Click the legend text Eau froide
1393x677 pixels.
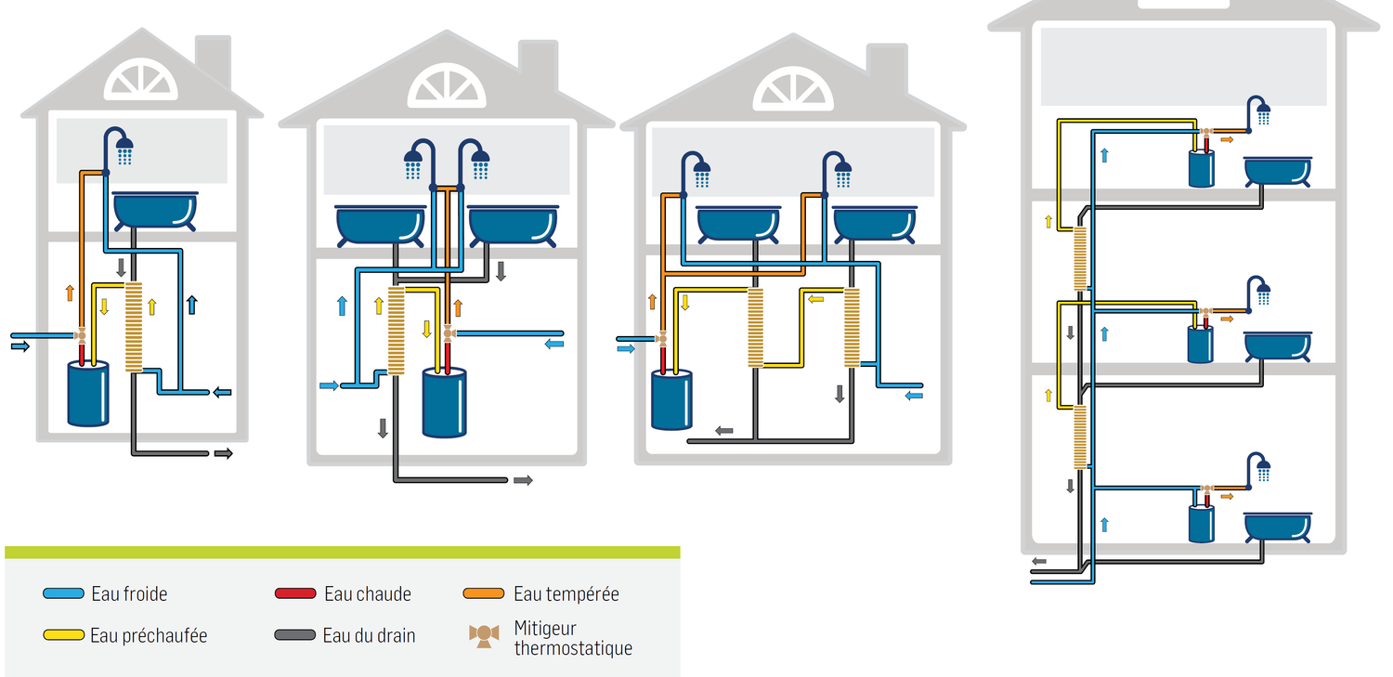point(129,594)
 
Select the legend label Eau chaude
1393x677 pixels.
point(367,594)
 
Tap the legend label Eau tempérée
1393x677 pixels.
point(566,594)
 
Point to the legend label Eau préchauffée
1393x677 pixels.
point(149,636)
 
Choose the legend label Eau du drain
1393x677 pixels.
point(369,636)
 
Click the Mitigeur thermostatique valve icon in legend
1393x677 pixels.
point(484,636)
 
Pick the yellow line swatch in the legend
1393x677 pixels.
point(63,636)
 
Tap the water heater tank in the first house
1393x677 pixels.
point(88,394)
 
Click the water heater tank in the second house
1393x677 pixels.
point(445,402)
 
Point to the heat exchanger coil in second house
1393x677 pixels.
point(397,331)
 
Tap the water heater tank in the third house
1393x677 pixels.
point(671,399)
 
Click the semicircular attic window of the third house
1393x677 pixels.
point(793,88)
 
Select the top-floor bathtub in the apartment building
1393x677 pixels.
point(1279,171)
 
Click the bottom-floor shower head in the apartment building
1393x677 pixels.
point(1263,469)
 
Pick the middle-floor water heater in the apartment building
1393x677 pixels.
point(1201,343)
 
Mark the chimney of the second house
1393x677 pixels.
point(538,61)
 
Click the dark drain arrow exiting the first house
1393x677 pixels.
point(223,453)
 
